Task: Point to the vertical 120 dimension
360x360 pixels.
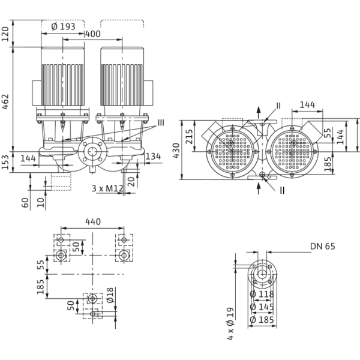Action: pyautogui.click(x=5, y=32)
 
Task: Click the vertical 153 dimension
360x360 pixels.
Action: pyautogui.click(x=5, y=161)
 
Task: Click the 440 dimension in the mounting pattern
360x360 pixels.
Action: pyautogui.click(x=93, y=223)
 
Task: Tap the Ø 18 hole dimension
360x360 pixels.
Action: pyautogui.click(x=110, y=294)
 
